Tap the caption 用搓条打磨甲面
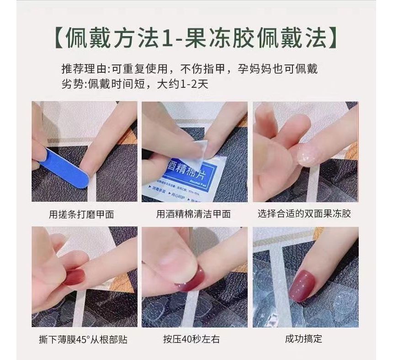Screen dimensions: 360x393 click(82, 214)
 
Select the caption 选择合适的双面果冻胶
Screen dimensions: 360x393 click(304, 214)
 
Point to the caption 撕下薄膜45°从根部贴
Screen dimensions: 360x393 click(83, 339)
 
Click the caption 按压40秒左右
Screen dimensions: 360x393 click(188, 339)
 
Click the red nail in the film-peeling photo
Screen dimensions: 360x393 click(75, 277)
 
